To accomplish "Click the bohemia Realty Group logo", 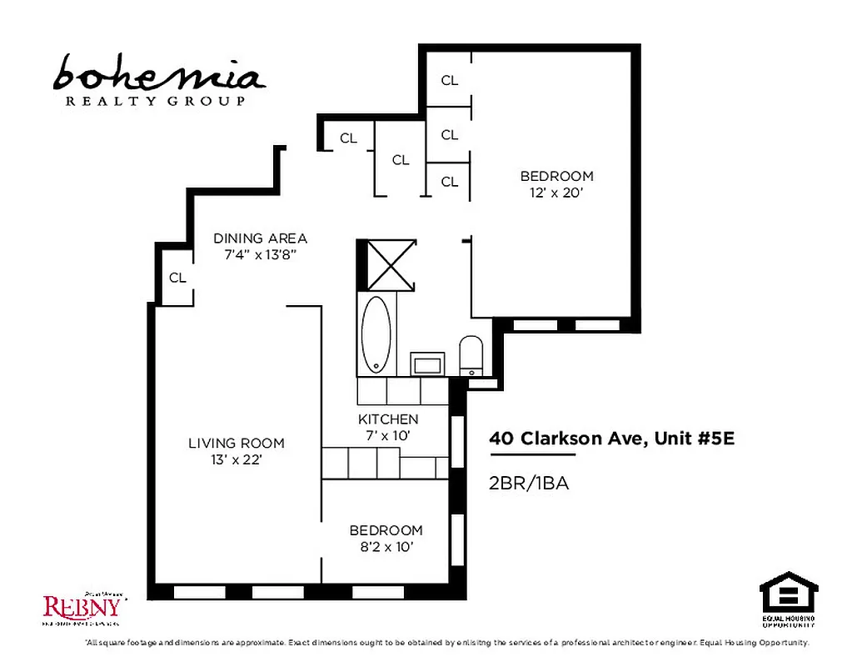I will (x=158, y=80).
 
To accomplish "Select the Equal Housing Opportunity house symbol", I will (x=788, y=593).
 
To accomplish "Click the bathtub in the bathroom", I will (x=376, y=333).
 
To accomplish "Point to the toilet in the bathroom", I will (x=471, y=355).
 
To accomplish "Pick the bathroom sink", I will (x=428, y=364).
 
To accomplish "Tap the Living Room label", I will (x=236, y=444).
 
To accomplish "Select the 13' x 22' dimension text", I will (x=236, y=459).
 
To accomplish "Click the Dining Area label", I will (x=260, y=238).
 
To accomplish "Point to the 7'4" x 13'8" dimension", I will (x=260, y=255).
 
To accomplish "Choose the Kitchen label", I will (x=388, y=419).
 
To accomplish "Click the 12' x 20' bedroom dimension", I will (x=556, y=193).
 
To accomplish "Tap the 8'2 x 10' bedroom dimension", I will (x=386, y=547).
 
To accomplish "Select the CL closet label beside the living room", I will (x=177, y=278).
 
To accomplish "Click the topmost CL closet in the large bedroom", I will (x=450, y=81).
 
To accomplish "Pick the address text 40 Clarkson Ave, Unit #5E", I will (x=611, y=439).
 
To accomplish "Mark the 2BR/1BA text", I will (x=529, y=483).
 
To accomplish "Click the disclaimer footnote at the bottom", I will (x=446, y=643).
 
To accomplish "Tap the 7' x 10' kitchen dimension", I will (x=388, y=434).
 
